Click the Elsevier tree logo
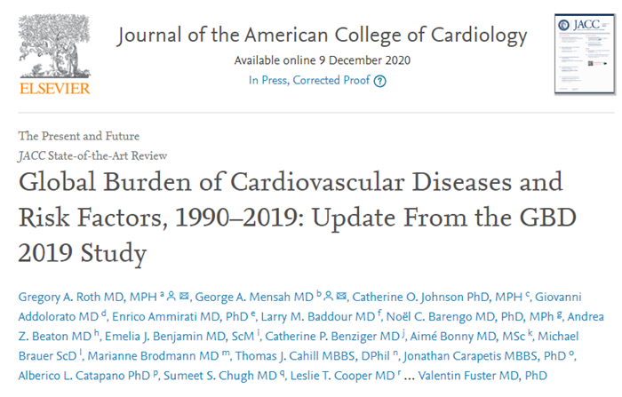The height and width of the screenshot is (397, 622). (x=54, y=44)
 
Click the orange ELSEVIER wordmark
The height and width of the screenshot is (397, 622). (x=54, y=89)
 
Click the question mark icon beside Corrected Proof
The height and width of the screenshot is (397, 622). (x=380, y=81)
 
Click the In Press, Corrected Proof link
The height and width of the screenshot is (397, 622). (x=308, y=81)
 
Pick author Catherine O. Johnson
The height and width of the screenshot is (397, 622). (x=409, y=296)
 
